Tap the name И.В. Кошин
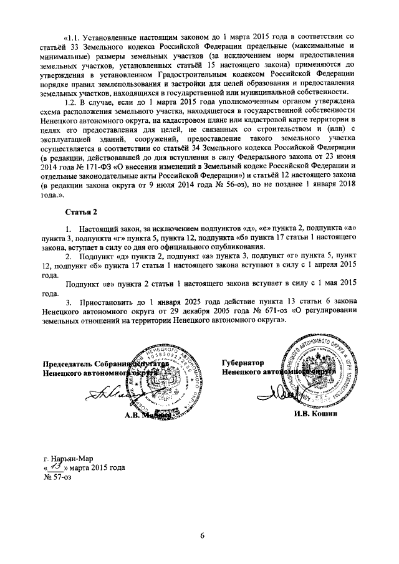coord(317,414)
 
